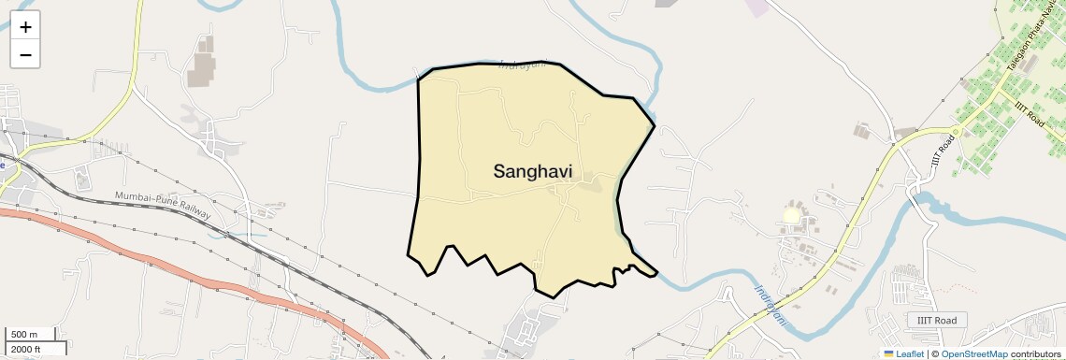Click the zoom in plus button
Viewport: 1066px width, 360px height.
(x=25, y=26)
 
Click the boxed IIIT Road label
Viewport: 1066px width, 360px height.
(x=936, y=321)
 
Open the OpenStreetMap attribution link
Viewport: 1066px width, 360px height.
(x=973, y=354)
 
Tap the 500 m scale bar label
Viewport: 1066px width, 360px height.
(x=24, y=335)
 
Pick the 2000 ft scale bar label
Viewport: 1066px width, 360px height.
(x=25, y=349)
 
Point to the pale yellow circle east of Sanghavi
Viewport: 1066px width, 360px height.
(x=792, y=215)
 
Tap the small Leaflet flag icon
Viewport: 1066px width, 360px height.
(x=888, y=354)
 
